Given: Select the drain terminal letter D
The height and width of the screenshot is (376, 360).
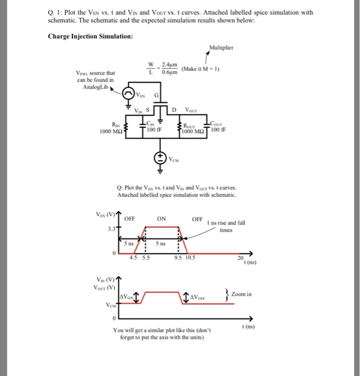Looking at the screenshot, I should coord(173,111).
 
